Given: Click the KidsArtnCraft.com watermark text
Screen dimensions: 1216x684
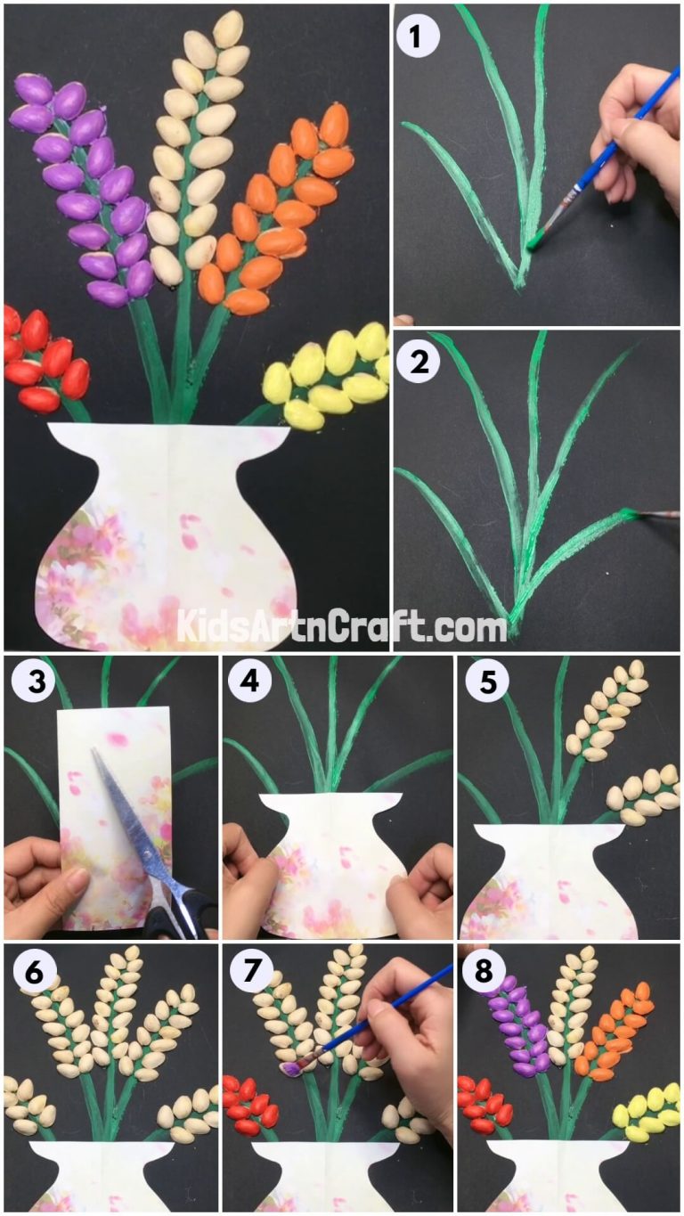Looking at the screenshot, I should tap(341, 625).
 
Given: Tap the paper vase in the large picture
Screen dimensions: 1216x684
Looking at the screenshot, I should tap(169, 535).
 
